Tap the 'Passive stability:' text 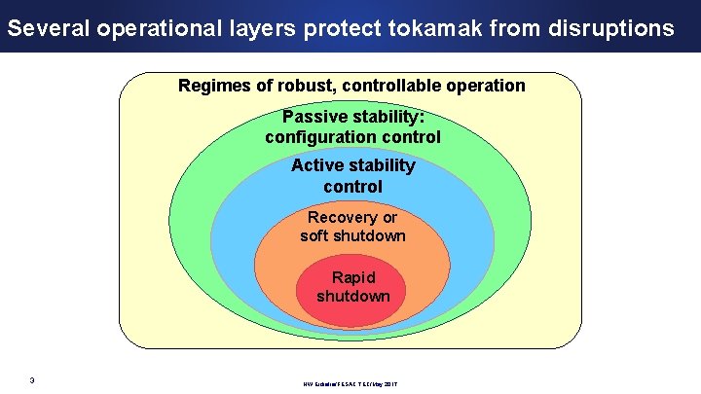point(352,117)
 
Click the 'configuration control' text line point(352,137)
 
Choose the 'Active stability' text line point(352,165)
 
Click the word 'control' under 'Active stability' point(352,186)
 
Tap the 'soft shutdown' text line point(352,235)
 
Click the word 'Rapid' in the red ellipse point(352,277)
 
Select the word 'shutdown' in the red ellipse point(352,296)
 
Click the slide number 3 point(32,379)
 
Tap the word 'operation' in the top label point(483,86)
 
